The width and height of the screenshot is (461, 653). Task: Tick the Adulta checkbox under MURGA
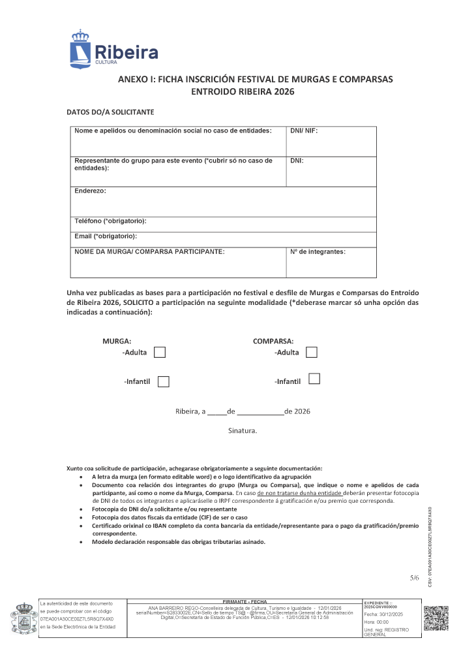(x=160, y=353)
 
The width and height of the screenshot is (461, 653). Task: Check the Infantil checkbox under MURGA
(x=164, y=381)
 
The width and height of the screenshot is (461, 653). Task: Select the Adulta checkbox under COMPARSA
(x=312, y=353)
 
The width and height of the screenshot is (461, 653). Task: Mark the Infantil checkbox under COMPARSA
(x=314, y=379)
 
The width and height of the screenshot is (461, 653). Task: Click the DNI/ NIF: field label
(x=304, y=131)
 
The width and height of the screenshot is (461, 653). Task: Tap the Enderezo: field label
(x=90, y=191)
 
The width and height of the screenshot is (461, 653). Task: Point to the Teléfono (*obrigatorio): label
(x=110, y=221)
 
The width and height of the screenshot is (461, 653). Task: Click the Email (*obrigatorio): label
(x=106, y=236)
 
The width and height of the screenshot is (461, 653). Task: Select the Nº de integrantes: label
(x=318, y=251)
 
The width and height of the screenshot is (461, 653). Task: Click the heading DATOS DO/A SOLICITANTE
(x=110, y=112)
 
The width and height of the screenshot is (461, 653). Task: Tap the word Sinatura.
(x=243, y=431)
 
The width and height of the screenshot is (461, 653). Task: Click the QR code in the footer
(x=436, y=618)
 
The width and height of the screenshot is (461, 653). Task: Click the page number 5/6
(x=415, y=577)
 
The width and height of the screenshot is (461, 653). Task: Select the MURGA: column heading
(x=117, y=341)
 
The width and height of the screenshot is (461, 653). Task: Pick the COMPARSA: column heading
(x=273, y=341)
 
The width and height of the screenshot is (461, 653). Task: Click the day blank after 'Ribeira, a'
(x=217, y=412)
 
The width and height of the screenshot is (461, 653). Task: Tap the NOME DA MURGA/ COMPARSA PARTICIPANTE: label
(x=150, y=251)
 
